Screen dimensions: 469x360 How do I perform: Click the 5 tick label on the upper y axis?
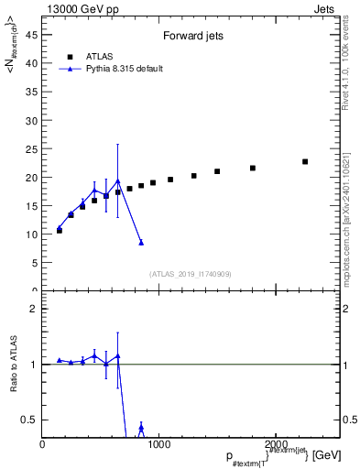tap(34, 263)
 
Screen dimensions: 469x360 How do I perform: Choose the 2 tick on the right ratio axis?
tap(343, 309)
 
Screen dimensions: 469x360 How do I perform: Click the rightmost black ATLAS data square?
tap(305, 161)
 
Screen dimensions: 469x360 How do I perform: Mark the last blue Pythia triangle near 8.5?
tap(141, 242)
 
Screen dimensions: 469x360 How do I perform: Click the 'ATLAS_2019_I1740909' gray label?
tap(191, 274)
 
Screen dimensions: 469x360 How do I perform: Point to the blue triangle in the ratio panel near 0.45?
tap(141, 428)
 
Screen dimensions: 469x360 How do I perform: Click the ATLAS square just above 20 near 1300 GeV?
tap(194, 176)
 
